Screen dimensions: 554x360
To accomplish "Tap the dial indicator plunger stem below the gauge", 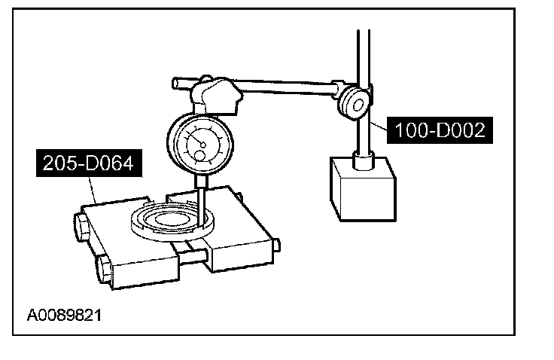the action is pos(201,198).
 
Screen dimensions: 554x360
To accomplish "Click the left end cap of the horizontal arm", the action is pos(175,81).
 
